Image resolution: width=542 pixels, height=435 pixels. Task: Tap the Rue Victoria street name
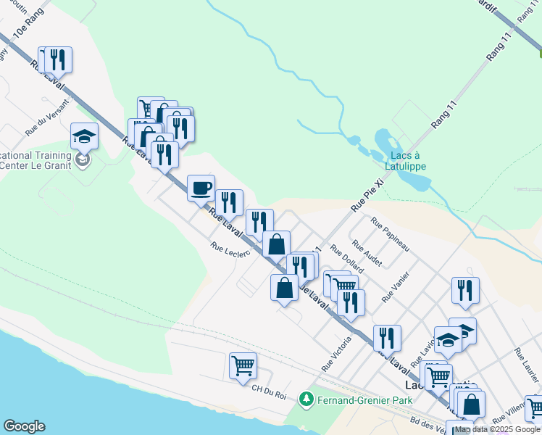click(336, 355)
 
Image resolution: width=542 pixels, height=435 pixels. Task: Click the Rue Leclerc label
click(230, 248)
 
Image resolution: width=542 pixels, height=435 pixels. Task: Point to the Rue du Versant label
click(48, 117)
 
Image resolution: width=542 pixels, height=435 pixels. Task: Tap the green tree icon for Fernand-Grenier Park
click(307, 399)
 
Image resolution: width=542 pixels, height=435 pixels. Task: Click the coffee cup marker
click(201, 188)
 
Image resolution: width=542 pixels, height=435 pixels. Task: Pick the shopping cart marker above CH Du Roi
click(243, 365)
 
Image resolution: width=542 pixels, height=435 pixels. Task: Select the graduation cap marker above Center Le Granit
click(84, 136)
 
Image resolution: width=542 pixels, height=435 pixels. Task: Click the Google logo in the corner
click(24, 426)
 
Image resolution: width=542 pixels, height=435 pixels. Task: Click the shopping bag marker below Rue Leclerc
click(285, 287)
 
